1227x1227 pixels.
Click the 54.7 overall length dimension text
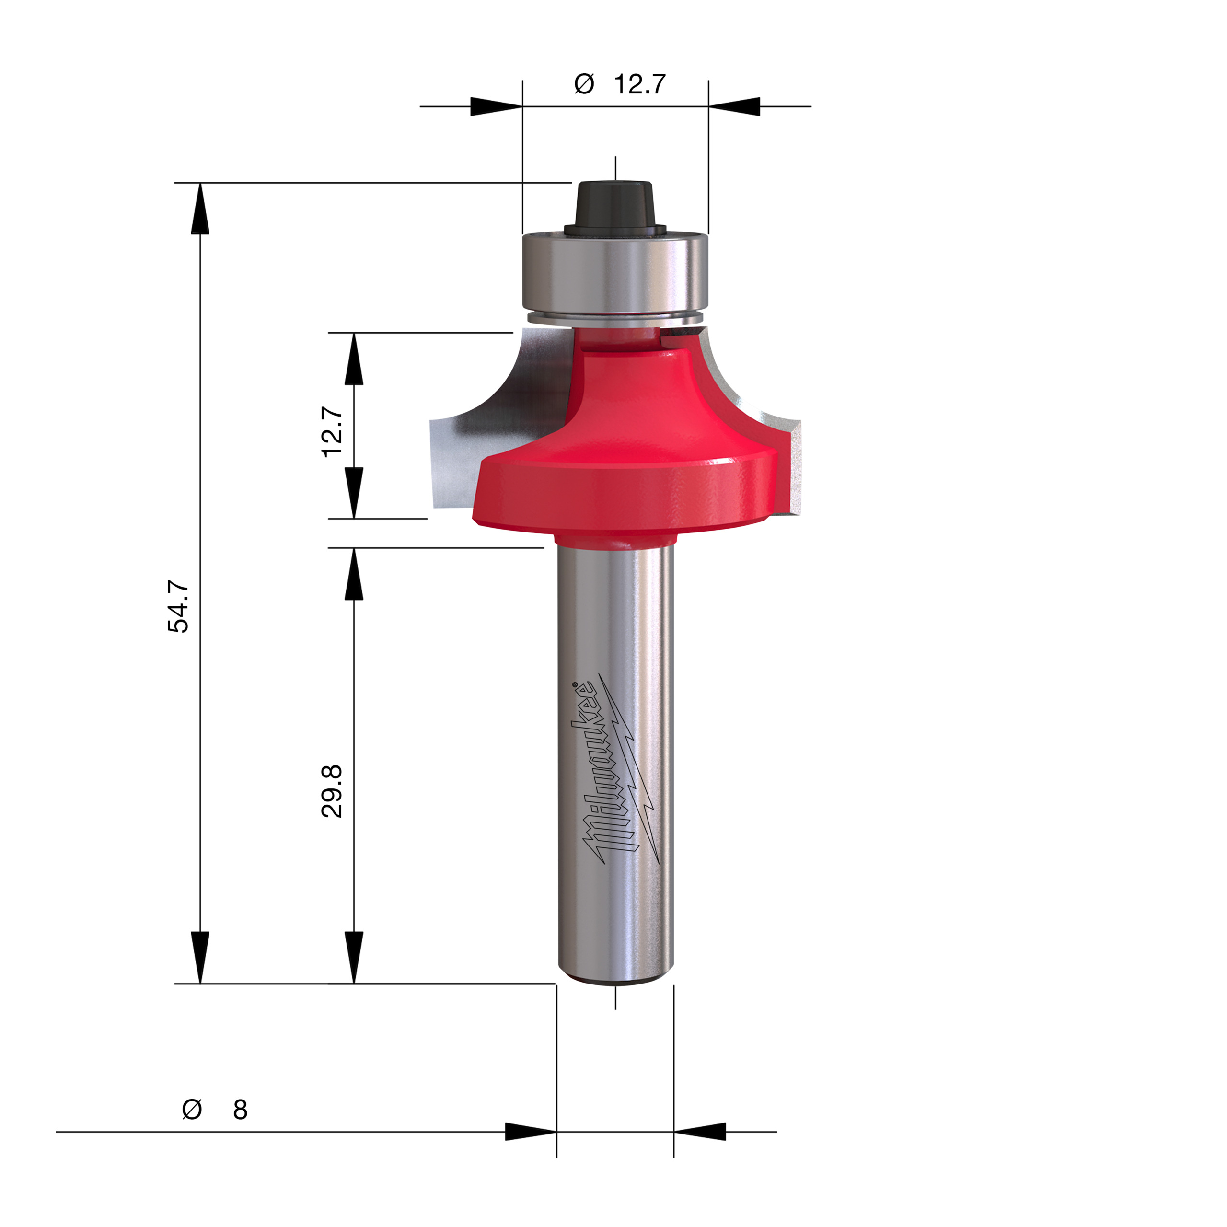[x=178, y=606]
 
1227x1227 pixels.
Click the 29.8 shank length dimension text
[x=332, y=791]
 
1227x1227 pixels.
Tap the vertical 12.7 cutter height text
[x=332, y=432]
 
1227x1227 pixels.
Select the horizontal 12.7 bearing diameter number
[x=639, y=84]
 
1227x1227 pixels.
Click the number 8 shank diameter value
[x=240, y=1110]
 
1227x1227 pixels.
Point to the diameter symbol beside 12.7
[x=584, y=84]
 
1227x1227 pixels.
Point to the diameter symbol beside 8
[x=192, y=1109]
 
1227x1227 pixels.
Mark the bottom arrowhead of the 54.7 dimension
[x=200, y=957]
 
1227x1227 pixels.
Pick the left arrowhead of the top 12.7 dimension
[x=496, y=107]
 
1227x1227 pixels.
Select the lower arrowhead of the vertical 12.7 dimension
[x=354, y=492]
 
